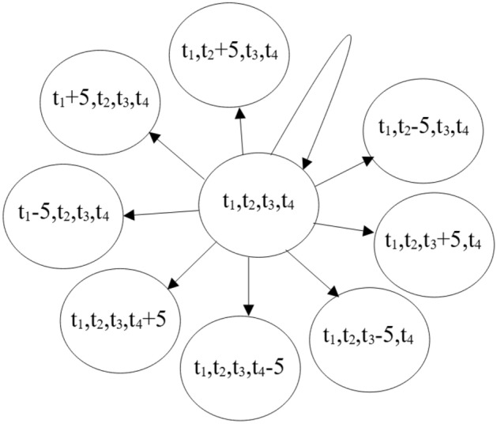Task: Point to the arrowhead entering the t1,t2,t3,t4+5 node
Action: [x=175, y=285]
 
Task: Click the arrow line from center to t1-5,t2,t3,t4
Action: [x=166, y=212]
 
